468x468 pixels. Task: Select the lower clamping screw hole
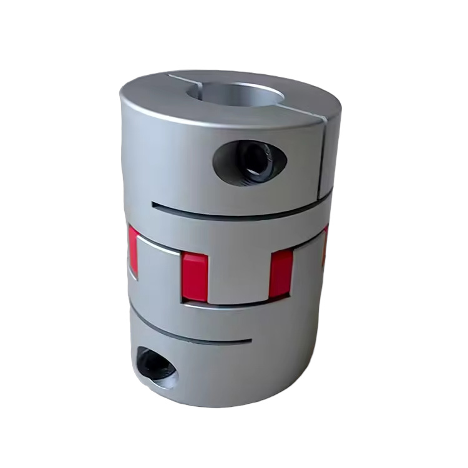155,366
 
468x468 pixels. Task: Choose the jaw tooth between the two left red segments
159,268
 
